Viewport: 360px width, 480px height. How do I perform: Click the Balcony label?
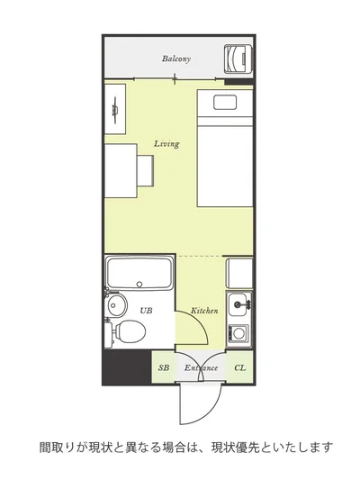click(176, 59)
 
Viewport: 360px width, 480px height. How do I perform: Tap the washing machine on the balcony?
click(238, 59)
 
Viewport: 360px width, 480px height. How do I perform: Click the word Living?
click(166, 143)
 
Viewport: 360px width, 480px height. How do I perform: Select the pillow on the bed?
click(225, 103)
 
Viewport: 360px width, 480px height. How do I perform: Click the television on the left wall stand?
click(115, 110)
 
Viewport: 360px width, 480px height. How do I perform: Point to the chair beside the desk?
click(145, 170)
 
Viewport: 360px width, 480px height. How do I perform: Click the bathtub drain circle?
click(139, 284)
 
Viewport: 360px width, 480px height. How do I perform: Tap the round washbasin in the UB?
click(117, 305)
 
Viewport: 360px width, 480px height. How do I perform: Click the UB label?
click(146, 311)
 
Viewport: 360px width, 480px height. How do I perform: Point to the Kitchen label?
click(204, 311)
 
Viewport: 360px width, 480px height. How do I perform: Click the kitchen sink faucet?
click(242, 304)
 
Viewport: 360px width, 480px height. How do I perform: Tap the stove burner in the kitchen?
click(238, 332)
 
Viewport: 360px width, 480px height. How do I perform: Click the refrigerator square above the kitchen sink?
click(239, 274)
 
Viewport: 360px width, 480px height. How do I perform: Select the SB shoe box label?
click(164, 367)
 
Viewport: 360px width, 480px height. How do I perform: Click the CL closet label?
click(239, 367)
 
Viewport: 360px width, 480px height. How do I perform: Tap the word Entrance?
click(201, 367)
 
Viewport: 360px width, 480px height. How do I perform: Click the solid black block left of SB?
click(127, 367)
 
